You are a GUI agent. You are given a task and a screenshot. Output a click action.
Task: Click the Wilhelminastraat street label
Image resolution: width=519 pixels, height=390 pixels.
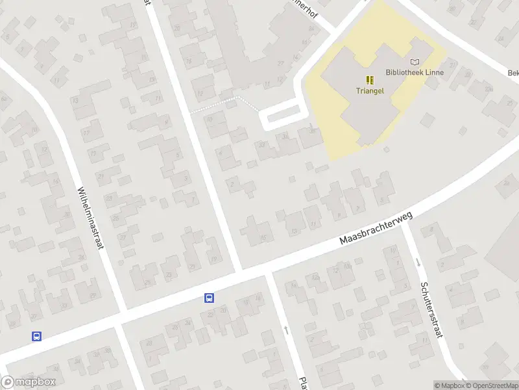pos(91,222)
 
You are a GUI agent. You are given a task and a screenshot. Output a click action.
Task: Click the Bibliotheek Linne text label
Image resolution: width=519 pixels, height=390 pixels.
pos(415,72)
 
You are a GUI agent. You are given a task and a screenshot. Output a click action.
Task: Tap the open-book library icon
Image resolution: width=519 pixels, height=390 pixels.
pos(415,62)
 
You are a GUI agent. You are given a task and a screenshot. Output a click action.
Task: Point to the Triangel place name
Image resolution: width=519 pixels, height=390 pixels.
pos(370,91)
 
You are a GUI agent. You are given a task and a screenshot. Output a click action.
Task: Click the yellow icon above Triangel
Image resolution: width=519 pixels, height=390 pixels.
pos(370,80)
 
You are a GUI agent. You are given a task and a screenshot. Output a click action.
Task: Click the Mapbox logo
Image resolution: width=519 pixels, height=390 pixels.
pos(29,382)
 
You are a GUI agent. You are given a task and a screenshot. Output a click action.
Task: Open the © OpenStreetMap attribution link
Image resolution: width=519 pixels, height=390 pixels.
pos(490,385)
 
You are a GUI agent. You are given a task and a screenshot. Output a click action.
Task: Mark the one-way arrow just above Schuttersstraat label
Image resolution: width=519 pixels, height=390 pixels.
pos(418,262)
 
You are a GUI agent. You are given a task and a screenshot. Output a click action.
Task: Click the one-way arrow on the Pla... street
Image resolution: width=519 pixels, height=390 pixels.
pos(286,330)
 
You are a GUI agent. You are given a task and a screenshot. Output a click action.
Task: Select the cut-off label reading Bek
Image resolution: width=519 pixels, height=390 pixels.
pos(513,72)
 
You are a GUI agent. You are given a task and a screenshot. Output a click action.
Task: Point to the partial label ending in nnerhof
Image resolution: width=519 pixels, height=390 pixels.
pos(306,9)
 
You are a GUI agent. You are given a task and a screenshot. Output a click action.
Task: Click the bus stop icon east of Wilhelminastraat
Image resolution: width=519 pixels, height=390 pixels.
pos(210,298)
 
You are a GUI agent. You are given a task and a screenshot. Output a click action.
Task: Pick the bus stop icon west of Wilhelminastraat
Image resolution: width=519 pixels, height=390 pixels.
pos(37,336)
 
